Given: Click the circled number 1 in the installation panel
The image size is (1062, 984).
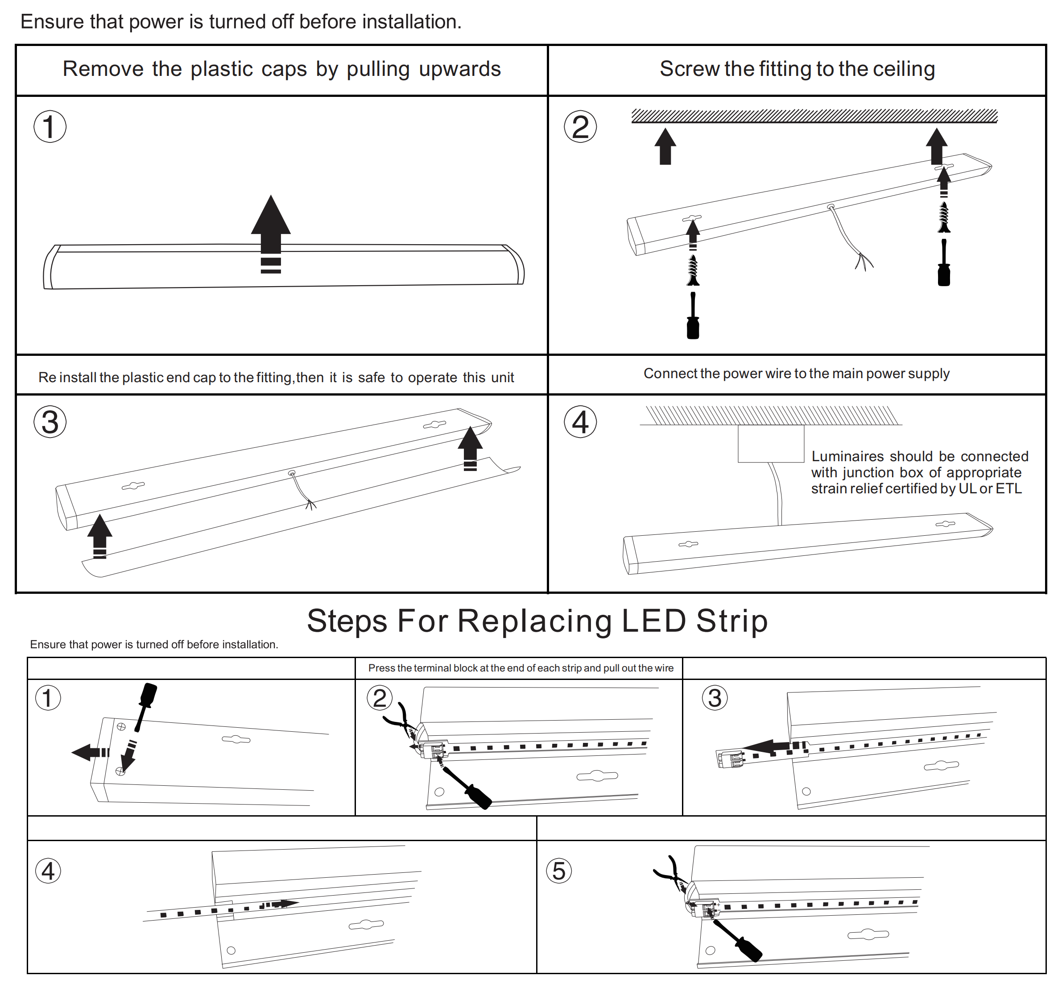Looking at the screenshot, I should [x=50, y=127].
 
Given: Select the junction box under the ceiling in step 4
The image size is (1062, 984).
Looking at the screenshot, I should [x=770, y=443].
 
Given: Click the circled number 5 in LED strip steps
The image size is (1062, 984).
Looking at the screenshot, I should [x=559, y=871].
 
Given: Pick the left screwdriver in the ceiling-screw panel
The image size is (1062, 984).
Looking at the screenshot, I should [x=693, y=317].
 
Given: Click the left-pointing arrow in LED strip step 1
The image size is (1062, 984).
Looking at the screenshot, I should [x=88, y=752].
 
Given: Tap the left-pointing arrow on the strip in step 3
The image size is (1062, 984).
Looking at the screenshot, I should [x=772, y=746].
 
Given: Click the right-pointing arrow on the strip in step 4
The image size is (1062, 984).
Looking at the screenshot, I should [x=282, y=904].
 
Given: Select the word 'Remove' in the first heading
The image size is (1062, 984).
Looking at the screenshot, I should [x=103, y=69].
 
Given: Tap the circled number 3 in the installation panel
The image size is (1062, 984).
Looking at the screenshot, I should [x=50, y=422].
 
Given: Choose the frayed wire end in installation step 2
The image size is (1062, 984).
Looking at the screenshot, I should [x=863, y=262].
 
